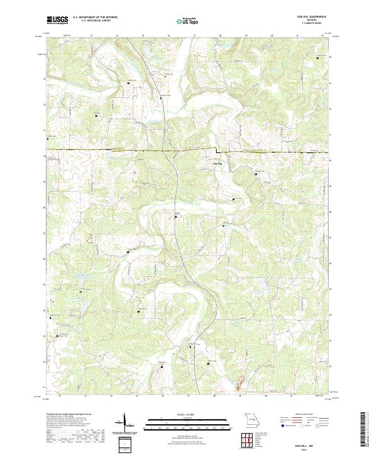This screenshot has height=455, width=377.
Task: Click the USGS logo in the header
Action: pos(57,19)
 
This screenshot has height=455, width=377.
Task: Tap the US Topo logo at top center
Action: pos(186,20)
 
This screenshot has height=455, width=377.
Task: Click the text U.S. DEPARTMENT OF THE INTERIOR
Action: pos(95,18)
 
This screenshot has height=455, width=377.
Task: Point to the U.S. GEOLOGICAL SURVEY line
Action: pos(95,21)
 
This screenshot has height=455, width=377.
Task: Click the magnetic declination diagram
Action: pos(125,424)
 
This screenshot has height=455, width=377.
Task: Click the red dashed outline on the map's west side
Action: pos(92,238)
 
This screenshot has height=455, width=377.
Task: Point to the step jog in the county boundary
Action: pos(217,151)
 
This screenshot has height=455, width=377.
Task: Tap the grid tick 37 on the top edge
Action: pos(194,36)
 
